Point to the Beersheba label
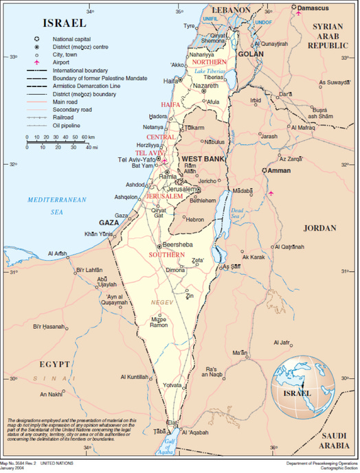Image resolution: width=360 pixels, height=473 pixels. [x=180, y=244]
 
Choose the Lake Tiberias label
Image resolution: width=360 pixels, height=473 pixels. [x=210, y=71]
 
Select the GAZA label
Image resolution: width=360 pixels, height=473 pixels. [x=109, y=222]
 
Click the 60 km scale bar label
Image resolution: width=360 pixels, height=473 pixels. [x=88, y=137]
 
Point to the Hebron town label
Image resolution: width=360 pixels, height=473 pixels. [x=195, y=219]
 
